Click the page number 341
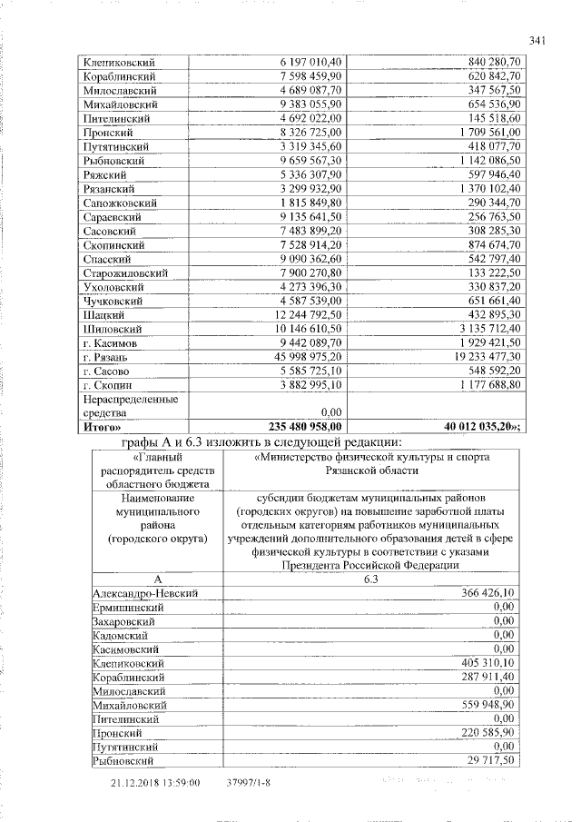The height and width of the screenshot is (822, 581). click(536, 39)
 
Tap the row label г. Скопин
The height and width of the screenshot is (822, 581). click(106, 385)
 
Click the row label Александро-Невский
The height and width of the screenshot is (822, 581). click(144, 592)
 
